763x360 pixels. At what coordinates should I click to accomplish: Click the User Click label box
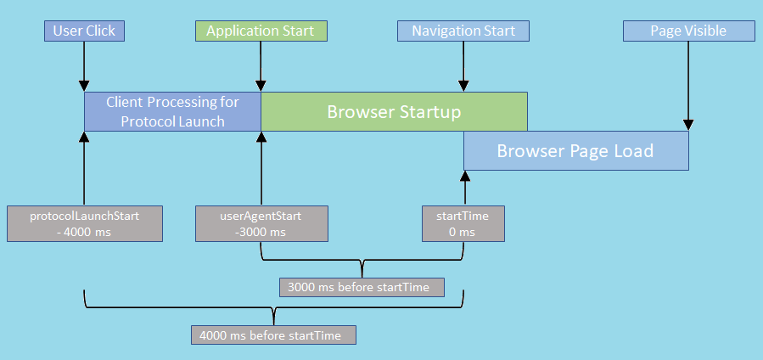pos(84,31)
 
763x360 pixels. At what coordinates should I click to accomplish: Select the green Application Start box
pos(261,31)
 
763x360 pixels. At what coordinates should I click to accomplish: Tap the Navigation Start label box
pos(463,31)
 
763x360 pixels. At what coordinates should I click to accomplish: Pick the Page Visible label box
pos(688,31)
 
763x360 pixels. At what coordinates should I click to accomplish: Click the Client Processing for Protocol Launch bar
pos(172,111)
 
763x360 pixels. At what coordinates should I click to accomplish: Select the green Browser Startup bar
pos(394,111)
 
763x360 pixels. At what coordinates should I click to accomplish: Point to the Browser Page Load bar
pos(575,151)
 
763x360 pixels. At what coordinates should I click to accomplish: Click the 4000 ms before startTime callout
pos(273,335)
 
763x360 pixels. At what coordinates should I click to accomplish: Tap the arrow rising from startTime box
pos(464,188)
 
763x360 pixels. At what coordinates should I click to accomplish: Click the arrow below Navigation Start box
pos(463,66)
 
